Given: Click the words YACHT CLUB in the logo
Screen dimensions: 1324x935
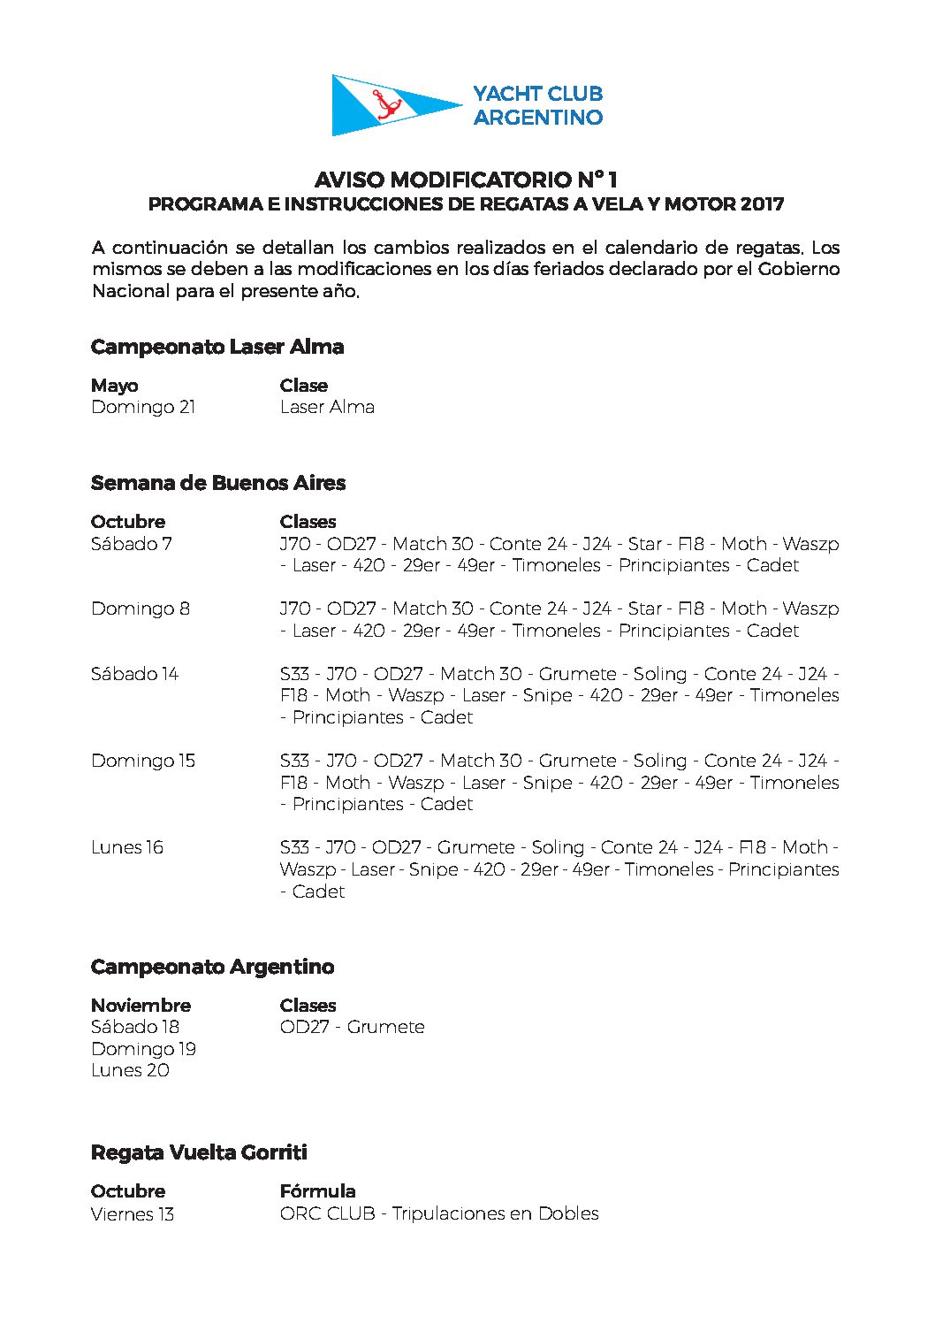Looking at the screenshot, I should point(537,94).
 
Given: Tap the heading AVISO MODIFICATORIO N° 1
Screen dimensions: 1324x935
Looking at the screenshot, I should point(466,180).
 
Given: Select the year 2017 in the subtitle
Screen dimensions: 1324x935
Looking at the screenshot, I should point(762,204).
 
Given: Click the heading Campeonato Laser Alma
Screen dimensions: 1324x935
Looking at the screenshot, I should point(217,347).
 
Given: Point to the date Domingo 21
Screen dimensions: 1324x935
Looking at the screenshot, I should point(143,407).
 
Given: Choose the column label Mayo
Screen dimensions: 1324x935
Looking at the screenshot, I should point(115,386).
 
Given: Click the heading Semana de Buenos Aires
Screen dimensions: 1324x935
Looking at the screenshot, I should point(218,483).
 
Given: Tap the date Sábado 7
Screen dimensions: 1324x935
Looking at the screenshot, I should point(132,544).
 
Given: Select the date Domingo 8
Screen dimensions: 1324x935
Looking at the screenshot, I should point(141,608).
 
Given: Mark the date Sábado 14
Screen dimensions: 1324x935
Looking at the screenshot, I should point(134,674).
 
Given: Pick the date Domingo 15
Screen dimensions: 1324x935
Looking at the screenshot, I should point(143,761).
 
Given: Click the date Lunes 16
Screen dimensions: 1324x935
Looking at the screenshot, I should point(127,847).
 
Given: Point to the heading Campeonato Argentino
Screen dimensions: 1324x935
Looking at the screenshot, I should point(212,967).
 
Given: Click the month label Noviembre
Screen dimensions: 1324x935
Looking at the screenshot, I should point(141,1006).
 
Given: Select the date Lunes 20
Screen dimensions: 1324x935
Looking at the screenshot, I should point(130,1070).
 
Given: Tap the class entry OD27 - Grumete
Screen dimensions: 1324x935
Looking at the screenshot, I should point(352,1027).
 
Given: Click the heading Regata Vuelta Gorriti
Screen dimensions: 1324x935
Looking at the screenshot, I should point(199,1152).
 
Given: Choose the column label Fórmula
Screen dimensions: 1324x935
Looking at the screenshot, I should point(317,1191).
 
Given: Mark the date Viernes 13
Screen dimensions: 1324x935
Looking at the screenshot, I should point(133,1213).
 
